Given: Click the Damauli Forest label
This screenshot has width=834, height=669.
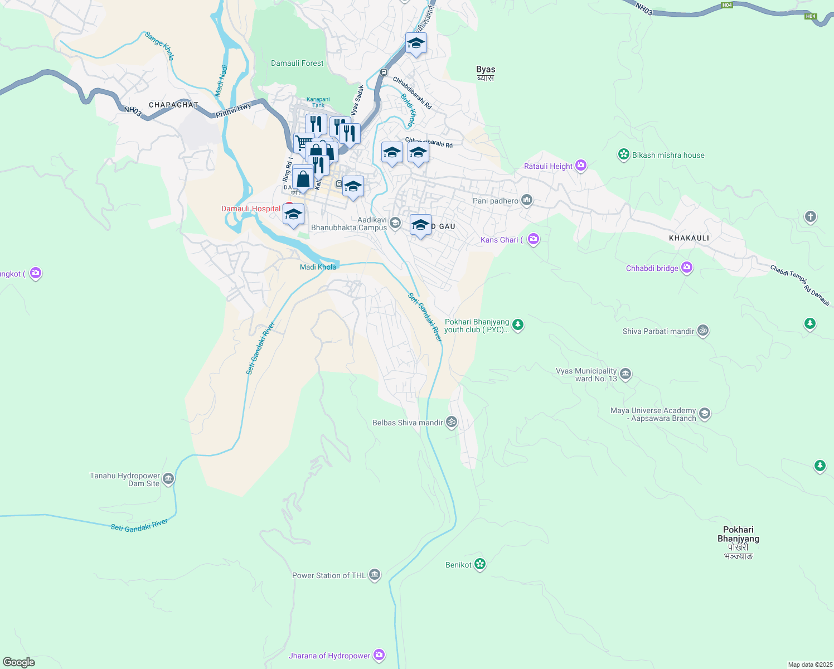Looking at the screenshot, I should [297, 64].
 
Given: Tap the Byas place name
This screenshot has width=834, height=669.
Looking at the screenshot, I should [486, 70].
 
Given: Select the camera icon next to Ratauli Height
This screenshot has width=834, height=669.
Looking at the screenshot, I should [581, 166].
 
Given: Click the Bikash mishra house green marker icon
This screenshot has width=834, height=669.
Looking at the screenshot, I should [623, 155].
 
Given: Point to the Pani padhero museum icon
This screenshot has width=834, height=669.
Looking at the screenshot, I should [526, 200].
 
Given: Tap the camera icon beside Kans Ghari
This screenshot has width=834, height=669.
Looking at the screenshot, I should [534, 239].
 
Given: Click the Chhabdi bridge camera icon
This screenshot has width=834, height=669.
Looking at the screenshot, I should [686, 268].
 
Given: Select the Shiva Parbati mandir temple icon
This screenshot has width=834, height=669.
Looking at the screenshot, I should [703, 331].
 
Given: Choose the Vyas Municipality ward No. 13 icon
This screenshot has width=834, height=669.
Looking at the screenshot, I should [625, 374].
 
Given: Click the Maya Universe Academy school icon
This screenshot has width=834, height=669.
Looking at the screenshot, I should [705, 414].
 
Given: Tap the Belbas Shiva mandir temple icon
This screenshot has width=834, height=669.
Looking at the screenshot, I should [451, 422].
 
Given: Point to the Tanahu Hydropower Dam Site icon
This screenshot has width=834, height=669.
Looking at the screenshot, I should [168, 479].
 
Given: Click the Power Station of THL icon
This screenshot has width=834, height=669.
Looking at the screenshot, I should [375, 575].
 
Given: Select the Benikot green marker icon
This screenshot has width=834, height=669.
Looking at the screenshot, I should [480, 564].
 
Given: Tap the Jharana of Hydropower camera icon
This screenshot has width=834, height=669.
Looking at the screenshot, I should [379, 655].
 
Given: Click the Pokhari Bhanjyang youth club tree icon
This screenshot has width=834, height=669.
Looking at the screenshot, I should [518, 324].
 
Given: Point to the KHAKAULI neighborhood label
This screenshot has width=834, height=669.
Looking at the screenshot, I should [689, 238].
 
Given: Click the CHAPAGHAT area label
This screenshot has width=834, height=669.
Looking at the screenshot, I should [173, 105].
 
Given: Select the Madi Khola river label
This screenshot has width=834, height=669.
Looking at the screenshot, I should [318, 267].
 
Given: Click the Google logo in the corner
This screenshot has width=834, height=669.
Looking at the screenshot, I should [19, 662].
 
